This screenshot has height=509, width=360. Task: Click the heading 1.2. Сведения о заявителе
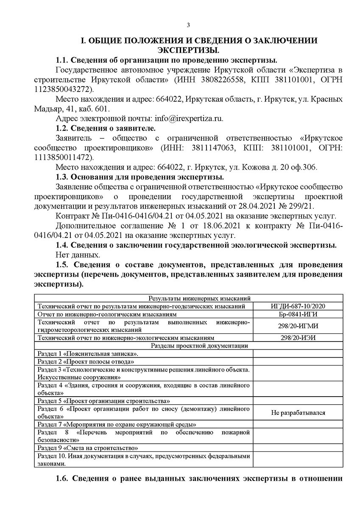tap(106, 128)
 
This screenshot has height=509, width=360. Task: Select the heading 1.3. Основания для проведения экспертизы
tap(140, 177)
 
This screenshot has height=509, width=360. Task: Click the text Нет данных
tap(78, 255)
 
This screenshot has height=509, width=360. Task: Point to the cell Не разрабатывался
tap(298, 412)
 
